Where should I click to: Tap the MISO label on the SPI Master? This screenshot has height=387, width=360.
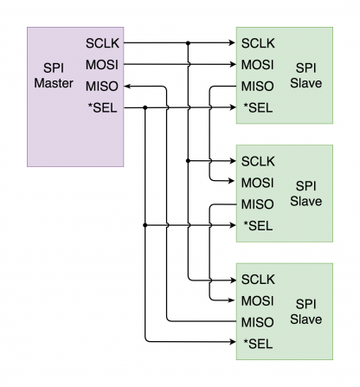101,86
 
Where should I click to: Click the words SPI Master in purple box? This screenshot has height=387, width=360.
54,75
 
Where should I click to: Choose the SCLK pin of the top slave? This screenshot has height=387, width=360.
258,42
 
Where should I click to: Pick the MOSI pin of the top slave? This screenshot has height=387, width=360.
258,64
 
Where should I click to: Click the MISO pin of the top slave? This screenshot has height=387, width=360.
258,86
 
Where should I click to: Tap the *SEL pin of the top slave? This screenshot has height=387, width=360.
257,107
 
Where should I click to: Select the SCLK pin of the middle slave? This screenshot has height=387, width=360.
258,160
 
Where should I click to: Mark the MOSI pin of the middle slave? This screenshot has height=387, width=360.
258,182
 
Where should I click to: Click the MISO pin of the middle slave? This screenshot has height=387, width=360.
258,203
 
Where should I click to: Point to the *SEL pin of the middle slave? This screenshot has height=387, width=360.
257,225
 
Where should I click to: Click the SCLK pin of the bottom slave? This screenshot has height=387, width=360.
258,279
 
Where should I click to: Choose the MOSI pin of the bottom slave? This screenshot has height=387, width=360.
258,300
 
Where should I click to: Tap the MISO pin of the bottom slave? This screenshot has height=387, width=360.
258,322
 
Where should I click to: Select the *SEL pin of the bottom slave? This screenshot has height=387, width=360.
257,344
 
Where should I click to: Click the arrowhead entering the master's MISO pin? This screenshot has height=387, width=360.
130,86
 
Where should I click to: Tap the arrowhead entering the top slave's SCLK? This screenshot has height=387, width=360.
231,42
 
